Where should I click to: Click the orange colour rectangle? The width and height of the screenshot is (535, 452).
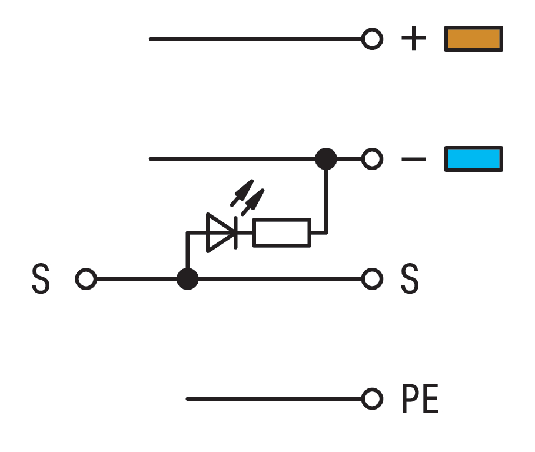coord(473,39)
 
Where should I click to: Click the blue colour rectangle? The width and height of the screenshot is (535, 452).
coord(473,159)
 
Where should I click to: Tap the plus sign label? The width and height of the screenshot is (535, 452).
coord(413,39)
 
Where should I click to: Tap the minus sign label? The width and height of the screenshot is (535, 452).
coord(413,159)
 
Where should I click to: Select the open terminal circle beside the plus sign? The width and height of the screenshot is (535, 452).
coord(371,39)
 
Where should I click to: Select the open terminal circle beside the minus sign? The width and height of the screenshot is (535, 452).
coord(371,159)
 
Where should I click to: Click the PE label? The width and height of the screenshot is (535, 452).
coord(420,400)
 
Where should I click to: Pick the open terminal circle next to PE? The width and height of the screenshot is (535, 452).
coord(371,399)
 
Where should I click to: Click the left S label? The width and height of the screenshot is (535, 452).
coord(40,280)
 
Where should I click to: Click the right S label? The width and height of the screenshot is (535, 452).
coord(410,280)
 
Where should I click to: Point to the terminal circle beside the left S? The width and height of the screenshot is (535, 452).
coord(86,279)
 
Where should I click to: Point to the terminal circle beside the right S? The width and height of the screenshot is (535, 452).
coord(371,279)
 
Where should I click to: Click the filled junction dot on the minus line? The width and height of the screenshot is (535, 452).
coord(325,159)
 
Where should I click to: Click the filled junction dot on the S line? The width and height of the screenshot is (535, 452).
coord(187,279)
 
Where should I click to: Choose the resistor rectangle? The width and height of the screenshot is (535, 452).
coord(281,232)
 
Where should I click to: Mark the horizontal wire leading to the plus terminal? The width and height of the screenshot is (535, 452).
coord(253,39)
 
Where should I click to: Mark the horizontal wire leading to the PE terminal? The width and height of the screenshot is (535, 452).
coord(271,399)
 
